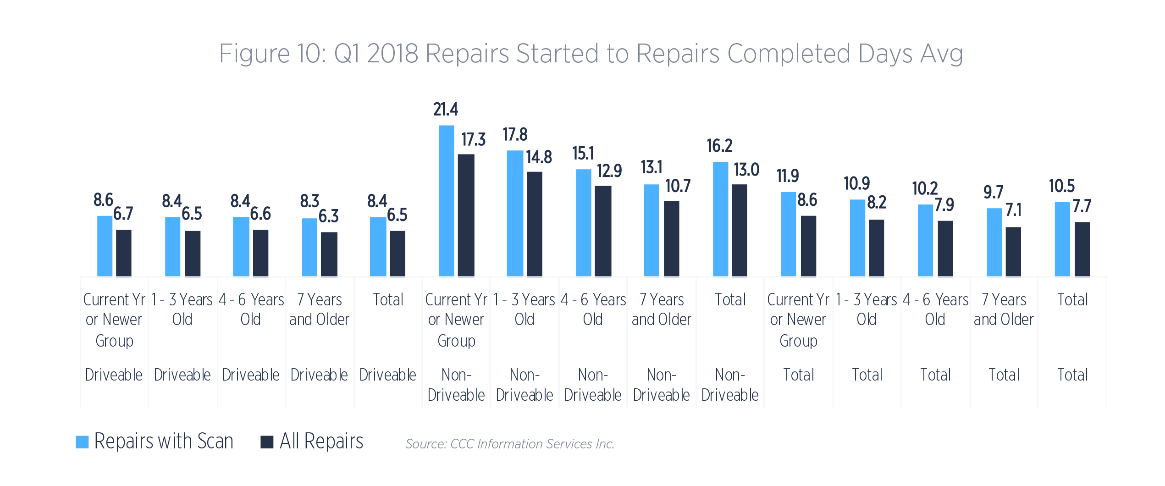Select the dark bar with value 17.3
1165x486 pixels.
466,215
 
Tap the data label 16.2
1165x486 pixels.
719,146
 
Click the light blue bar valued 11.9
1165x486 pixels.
789,234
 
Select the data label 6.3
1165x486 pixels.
329,216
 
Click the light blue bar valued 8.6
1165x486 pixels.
105,246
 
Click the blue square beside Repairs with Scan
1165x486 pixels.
82,442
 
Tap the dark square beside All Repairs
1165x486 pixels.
267,442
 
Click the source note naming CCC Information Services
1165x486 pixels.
509,444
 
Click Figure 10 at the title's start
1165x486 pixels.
272,54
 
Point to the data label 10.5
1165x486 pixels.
1062,186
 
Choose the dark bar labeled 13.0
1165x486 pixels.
740,230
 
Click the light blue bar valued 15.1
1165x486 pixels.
584,223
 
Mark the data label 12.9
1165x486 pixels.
609,171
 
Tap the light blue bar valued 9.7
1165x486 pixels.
994,242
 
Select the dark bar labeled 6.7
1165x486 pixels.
124,253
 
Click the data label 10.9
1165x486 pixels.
856,184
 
